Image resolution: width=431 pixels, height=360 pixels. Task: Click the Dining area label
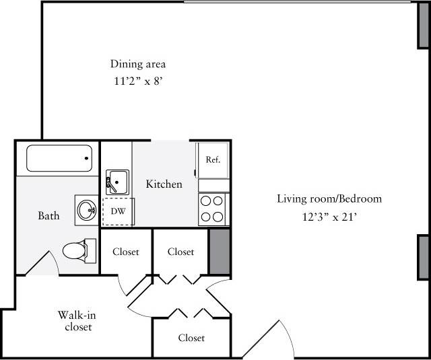(138, 65)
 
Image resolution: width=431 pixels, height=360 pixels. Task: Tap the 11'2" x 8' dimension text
(138, 81)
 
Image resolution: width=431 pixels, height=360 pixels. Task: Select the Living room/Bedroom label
(329, 199)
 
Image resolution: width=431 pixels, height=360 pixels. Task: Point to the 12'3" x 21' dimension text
(329, 217)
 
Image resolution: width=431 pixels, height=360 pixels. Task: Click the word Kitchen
(164, 184)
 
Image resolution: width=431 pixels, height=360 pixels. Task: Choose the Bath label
(48, 216)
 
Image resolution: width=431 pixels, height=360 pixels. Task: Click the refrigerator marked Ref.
(213, 160)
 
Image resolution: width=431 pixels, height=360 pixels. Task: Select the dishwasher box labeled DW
(118, 211)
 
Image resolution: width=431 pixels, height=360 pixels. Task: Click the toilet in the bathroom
(76, 251)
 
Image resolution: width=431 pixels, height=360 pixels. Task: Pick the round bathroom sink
(87, 210)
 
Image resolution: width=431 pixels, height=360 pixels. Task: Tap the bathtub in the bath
(59, 159)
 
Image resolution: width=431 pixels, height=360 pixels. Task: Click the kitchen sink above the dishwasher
(117, 182)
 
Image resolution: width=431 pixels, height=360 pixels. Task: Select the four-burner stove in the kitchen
(213, 209)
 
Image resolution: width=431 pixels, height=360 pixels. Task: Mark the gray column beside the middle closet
(219, 251)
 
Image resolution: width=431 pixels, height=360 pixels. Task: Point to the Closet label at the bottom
(191, 338)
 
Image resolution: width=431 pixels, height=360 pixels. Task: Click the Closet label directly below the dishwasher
(126, 252)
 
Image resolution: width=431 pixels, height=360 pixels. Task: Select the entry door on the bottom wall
(273, 340)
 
